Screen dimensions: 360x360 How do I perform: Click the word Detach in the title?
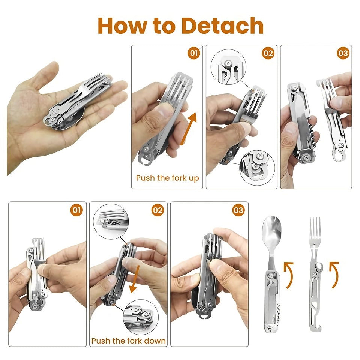coord(223,26)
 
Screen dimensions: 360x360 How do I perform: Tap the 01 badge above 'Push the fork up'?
coord(193,53)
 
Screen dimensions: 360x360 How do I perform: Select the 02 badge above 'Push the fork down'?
coord(157,210)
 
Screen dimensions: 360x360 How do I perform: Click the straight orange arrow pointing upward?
coord(188,129)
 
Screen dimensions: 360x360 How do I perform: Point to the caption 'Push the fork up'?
coord(167,178)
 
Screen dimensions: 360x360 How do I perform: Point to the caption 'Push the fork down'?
coord(129,341)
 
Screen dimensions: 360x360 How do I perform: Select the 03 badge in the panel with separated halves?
coord(343,53)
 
